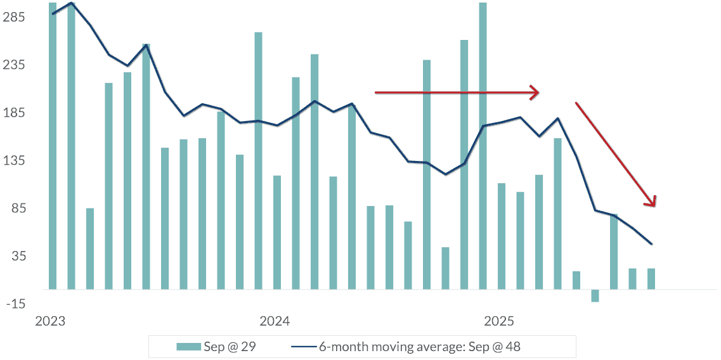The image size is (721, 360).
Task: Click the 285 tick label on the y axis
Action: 13,18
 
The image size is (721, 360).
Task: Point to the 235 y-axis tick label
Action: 13,65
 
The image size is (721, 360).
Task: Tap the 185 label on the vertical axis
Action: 13,113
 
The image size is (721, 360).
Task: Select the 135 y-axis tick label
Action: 13,161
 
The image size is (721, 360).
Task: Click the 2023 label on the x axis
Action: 50,321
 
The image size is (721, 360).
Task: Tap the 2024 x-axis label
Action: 274,321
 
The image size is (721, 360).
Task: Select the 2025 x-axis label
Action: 498,321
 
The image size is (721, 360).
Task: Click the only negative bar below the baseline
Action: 595,295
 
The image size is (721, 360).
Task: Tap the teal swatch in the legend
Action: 188,347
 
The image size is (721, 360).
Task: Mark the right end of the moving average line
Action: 651,244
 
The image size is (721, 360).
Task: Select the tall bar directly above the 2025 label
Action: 483,146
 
